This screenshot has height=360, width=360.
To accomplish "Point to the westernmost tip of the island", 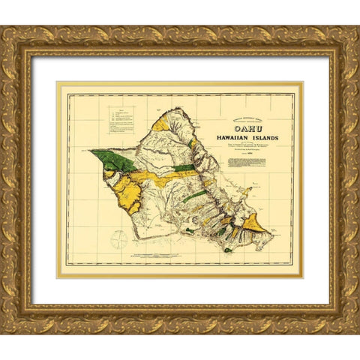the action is (90, 151).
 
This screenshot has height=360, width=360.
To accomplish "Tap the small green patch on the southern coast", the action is (190, 231).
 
